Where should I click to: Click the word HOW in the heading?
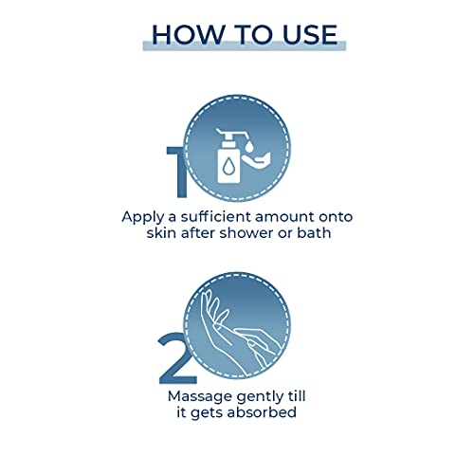point(189,34)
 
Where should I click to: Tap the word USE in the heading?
point(310,34)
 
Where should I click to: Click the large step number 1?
point(177,173)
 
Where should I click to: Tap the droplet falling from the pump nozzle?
point(249,146)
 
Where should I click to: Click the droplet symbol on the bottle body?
point(228,167)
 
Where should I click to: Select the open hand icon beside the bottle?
point(256,159)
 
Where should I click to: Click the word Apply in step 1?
point(143,218)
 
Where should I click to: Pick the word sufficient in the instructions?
point(216,216)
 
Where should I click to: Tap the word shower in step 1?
point(246,233)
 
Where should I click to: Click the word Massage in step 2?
point(200,397)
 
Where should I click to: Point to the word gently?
point(260,397)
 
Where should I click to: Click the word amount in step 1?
point(284,217)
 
